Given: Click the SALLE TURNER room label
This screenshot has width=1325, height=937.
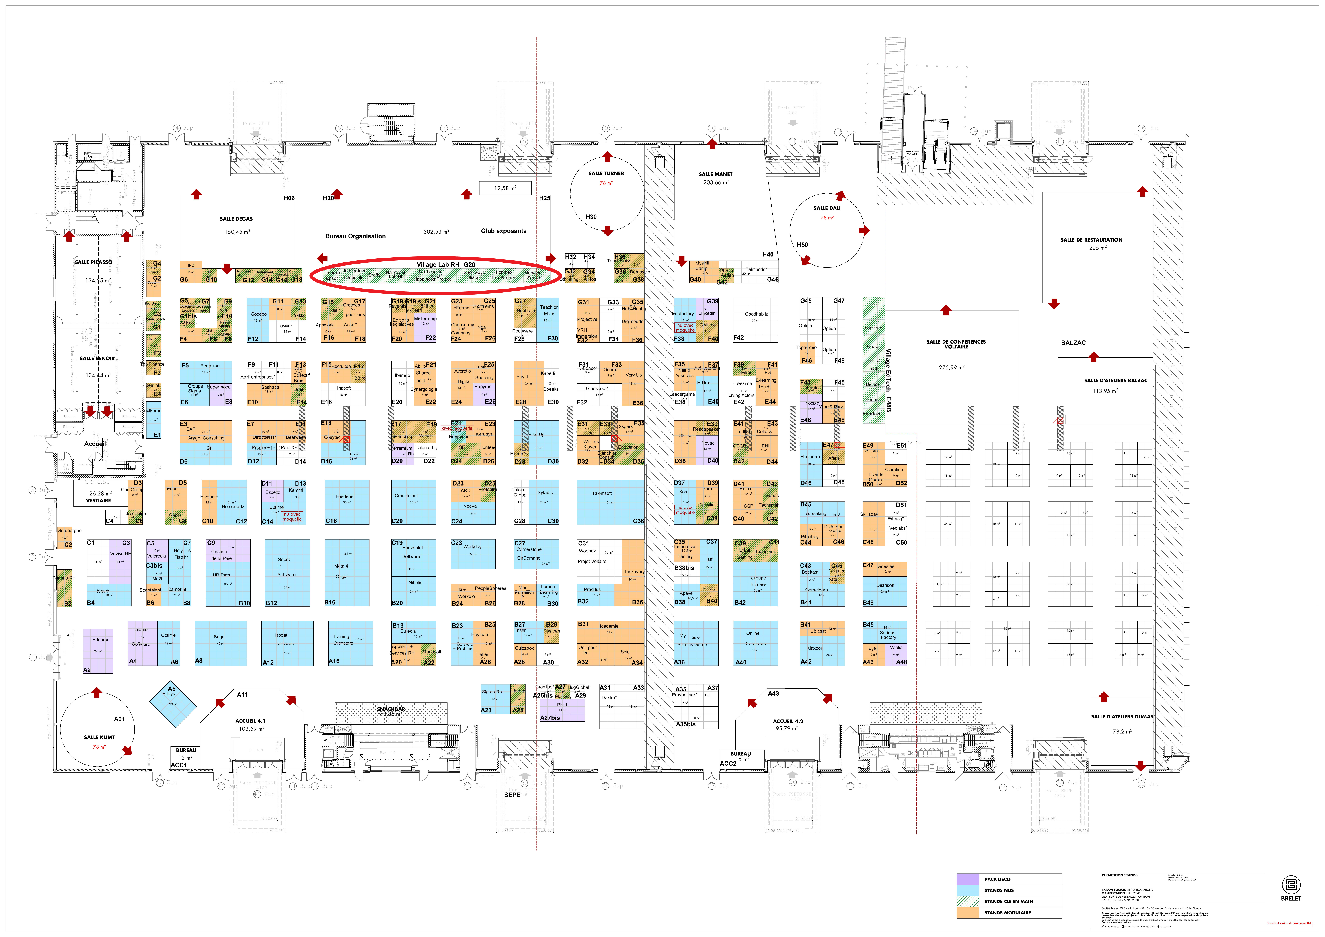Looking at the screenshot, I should click(606, 173).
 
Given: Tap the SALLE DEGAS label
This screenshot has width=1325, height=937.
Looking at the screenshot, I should click(236, 219).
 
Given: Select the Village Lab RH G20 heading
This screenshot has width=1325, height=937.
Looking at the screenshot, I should click(446, 264).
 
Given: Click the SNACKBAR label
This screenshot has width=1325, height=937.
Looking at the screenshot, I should click(391, 709).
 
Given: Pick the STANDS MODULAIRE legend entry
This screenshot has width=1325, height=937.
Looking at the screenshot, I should click(1007, 913).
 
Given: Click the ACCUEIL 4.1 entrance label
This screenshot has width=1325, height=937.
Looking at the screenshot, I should click(251, 721).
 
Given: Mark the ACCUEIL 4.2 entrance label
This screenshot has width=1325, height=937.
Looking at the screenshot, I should click(788, 721).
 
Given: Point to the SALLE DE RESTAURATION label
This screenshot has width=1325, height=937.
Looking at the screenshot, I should click(1091, 240).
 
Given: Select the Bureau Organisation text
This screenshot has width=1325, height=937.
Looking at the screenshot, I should click(355, 236).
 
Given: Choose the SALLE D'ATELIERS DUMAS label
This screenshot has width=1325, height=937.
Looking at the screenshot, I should click(1122, 717).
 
